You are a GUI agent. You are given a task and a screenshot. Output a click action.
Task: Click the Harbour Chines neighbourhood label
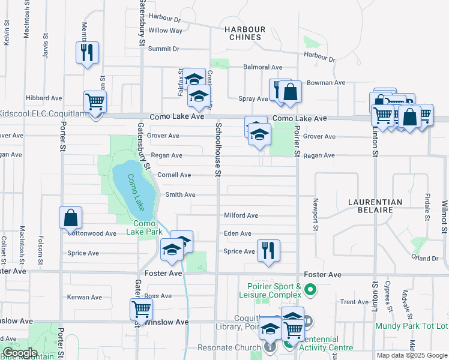coord(243,33)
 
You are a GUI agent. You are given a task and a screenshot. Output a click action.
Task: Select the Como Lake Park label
coord(144,227)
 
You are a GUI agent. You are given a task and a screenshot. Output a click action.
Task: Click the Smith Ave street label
coord(180,195)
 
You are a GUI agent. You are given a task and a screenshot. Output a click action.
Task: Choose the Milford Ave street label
coord(241,215)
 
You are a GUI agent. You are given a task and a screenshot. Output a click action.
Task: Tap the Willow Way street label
coord(165,31)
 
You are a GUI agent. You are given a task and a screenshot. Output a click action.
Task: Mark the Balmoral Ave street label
coord(262,68)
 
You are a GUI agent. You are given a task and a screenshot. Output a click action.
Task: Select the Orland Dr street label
coord(426,258)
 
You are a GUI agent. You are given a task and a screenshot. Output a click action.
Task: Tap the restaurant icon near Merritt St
coord(87,52)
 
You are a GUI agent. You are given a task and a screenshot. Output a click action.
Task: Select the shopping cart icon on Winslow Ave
coord(141,310)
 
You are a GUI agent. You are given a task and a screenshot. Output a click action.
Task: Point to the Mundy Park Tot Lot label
coord(412,326)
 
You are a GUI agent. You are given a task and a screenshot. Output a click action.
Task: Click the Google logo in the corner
coord(20,353)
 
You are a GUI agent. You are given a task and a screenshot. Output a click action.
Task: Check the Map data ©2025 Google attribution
coord(411,355)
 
